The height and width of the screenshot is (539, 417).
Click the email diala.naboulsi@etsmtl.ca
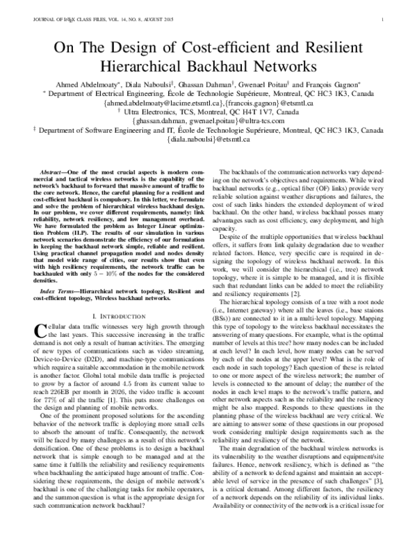point(208,140)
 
